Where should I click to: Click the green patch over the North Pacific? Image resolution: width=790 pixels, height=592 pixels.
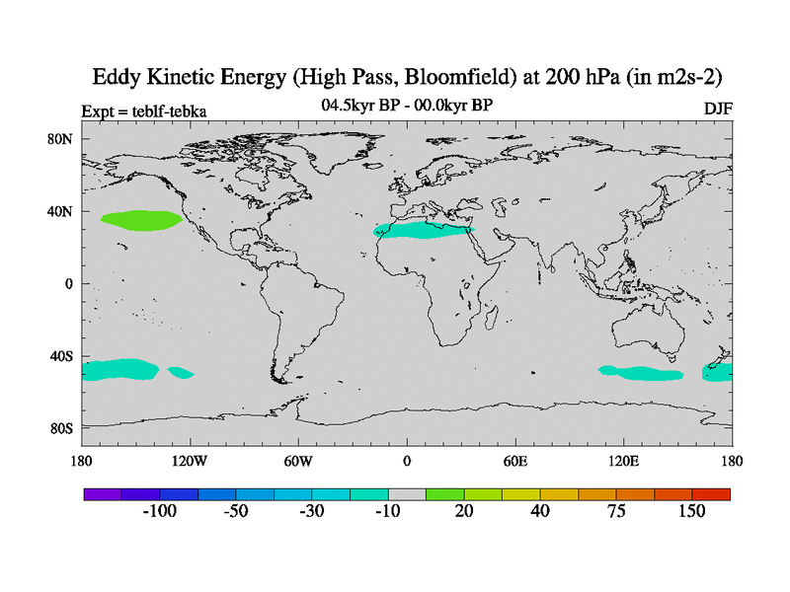(142, 221)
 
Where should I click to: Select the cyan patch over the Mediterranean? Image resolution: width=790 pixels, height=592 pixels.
(425, 231)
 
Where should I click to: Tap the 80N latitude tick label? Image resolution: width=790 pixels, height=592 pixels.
(61, 139)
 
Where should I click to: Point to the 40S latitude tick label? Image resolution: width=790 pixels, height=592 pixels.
(62, 355)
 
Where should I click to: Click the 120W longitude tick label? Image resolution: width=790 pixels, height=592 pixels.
(189, 460)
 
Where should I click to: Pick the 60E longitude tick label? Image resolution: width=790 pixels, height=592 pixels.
(514, 460)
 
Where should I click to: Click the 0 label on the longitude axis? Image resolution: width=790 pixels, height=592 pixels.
(406, 460)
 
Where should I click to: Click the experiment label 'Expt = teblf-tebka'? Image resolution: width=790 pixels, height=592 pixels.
(144, 111)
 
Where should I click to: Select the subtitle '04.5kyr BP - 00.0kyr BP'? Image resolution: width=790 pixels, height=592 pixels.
(407, 105)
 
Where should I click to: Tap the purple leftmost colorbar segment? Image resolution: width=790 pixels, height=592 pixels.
(102, 493)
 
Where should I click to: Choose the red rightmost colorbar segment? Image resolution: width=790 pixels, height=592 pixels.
(711, 493)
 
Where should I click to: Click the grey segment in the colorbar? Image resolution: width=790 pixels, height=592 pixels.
(406, 493)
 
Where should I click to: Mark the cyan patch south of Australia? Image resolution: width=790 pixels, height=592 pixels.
(642, 373)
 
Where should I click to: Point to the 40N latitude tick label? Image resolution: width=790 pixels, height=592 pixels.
(61, 211)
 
